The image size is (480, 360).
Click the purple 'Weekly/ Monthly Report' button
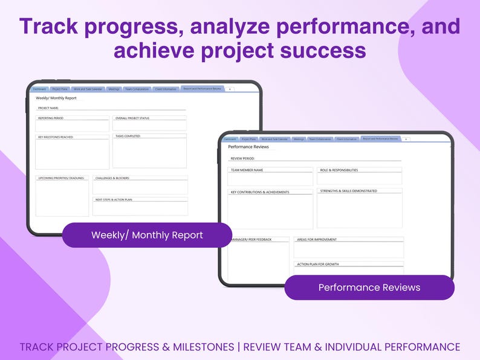pyautogui.click(x=147, y=235)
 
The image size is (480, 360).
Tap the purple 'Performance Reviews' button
pyautogui.click(x=369, y=288)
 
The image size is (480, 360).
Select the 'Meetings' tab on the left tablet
pyautogui.click(x=114, y=89)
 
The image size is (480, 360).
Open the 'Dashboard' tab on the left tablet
pyautogui.click(x=39, y=89)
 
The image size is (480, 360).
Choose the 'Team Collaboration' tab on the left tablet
pyautogui.click(x=137, y=89)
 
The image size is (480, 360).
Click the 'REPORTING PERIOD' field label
pyautogui.click(x=51, y=118)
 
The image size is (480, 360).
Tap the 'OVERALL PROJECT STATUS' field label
pyautogui.click(x=132, y=118)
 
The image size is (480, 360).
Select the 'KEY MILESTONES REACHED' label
pyautogui.click(x=56, y=137)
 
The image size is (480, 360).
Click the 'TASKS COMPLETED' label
pyautogui.click(x=128, y=137)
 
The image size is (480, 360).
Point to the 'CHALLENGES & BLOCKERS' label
pyautogui.click(x=112, y=178)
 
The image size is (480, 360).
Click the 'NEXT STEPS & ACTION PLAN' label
pyautogui.click(x=114, y=199)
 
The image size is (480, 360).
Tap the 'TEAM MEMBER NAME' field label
pyautogui.click(x=247, y=170)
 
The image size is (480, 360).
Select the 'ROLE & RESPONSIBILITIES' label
pyautogui.click(x=339, y=170)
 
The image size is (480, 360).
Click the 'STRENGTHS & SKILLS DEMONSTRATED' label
pyautogui.click(x=349, y=191)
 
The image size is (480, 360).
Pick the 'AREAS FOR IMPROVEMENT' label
pyautogui.click(x=317, y=240)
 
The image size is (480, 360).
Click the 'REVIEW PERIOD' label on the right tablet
pyautogui.click(x=243, y=158)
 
